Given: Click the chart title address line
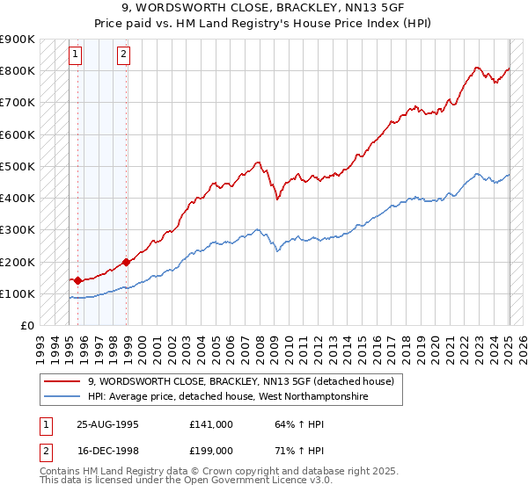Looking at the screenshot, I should point(264,9).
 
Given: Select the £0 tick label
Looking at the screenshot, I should point(26,326).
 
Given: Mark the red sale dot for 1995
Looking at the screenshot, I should point(77,281).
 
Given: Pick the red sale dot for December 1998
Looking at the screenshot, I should point(127,262).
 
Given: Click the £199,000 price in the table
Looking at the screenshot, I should point(211,452).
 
